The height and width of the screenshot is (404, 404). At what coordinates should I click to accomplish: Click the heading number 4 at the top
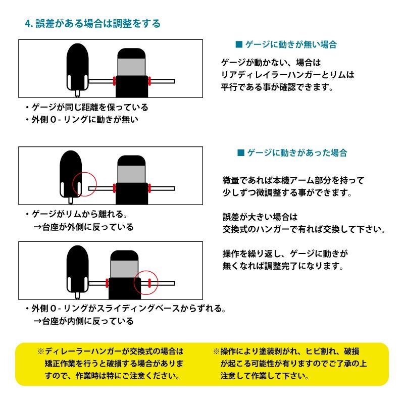[x=28, y=23]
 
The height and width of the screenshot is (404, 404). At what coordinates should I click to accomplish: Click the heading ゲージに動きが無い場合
[x=291, y=44]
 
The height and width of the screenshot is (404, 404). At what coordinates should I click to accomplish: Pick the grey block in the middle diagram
[x=132, y=175]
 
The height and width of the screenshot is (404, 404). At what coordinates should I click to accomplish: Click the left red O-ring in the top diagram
[x=115, y=81]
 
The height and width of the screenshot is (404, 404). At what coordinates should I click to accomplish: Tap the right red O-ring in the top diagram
[x=150, y=81]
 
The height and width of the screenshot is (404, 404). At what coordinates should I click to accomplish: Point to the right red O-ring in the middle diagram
[x=150, y=188]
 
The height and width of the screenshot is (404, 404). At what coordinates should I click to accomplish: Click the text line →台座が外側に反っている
[x=83, y=227]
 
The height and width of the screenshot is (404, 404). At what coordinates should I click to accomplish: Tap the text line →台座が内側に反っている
[x=83, y=321]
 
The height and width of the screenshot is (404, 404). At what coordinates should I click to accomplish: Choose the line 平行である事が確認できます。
[x=277, y=86]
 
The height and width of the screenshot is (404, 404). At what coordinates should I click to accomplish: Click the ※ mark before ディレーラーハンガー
[x=41, y=351]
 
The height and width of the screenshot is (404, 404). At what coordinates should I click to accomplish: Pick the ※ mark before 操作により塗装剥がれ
[x=216, y=351]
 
